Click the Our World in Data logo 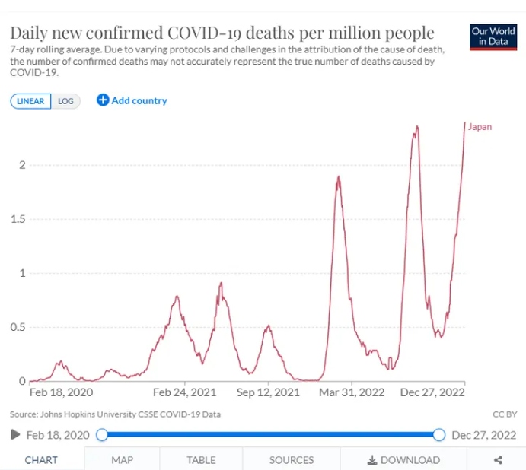click(x=493, y=37)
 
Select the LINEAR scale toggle click(x=30, y=101)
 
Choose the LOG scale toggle click(x=65, y=101)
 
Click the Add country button click(x=132, y=100)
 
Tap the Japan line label click(x=480, y=127)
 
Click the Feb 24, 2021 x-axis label click(x=184, y=393)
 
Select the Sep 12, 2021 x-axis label click(x=268, y=393)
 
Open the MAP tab click(x=122, y=460)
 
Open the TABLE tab click(x=201, y=460)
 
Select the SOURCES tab click(x=291, y=460)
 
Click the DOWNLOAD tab click(x=403, y=460)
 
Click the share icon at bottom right click(x=498, y=460)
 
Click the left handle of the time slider click(x=102, y=435)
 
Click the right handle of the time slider click(x=438, y=435)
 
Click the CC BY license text click(x=505, y=414)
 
